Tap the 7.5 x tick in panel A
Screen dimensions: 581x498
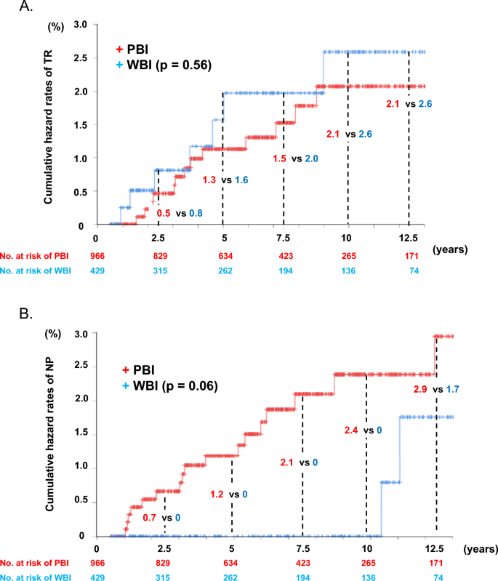point(284,237)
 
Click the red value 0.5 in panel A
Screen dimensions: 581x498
point(164,214)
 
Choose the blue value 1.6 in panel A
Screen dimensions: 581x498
point(239,180)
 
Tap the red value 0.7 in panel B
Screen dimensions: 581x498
point(148,517)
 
